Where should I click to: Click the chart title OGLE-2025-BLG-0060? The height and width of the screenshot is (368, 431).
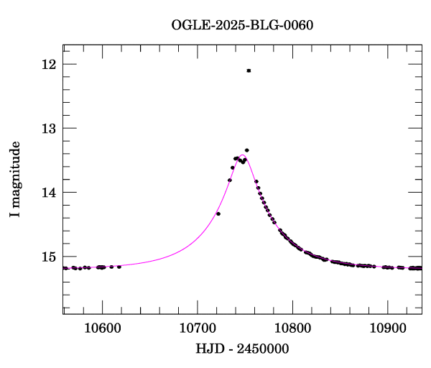tap(242, 25)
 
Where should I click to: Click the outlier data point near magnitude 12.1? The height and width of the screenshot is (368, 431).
tap(249, 70)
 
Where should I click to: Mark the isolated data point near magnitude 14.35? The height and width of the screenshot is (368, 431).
tap(218, 213)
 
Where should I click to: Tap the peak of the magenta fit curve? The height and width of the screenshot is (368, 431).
tap(243, 155)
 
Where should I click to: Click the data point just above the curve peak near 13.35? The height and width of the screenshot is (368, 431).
tap(246, 150)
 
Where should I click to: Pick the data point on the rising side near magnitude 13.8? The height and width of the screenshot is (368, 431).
tap(229, 180)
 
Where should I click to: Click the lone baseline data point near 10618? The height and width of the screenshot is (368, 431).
tap(119, 267)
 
